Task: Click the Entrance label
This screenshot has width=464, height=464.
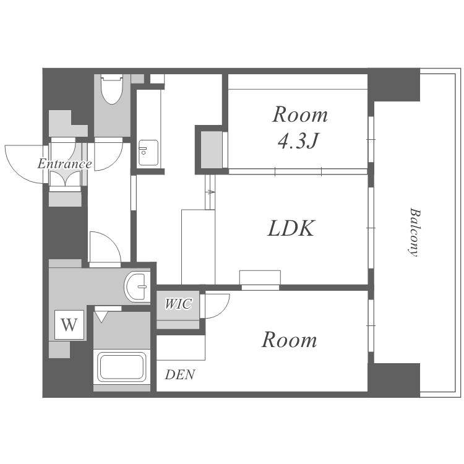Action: pos(64,164)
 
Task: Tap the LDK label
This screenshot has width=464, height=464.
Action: pos(291,228)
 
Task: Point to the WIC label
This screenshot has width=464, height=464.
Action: pos(178,304)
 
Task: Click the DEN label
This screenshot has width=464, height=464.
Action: pos(180,375)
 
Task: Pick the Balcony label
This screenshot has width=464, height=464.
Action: pos(415,233)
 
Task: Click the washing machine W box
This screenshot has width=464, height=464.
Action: pos(69,325)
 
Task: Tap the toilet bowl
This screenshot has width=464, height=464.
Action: pos(111,90)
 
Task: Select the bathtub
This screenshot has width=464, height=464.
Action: pos(122,367)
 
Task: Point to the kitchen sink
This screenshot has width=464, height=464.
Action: pos(148,153)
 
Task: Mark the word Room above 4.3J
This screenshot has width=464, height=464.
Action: pos(300,114)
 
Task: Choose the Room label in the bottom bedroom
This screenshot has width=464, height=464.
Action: pos(289,340)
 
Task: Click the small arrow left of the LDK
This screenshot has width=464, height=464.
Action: pos(210,192)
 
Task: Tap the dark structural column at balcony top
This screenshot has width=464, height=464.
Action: pos(394,85)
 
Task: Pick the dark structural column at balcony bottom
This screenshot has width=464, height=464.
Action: pos(394,380)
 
